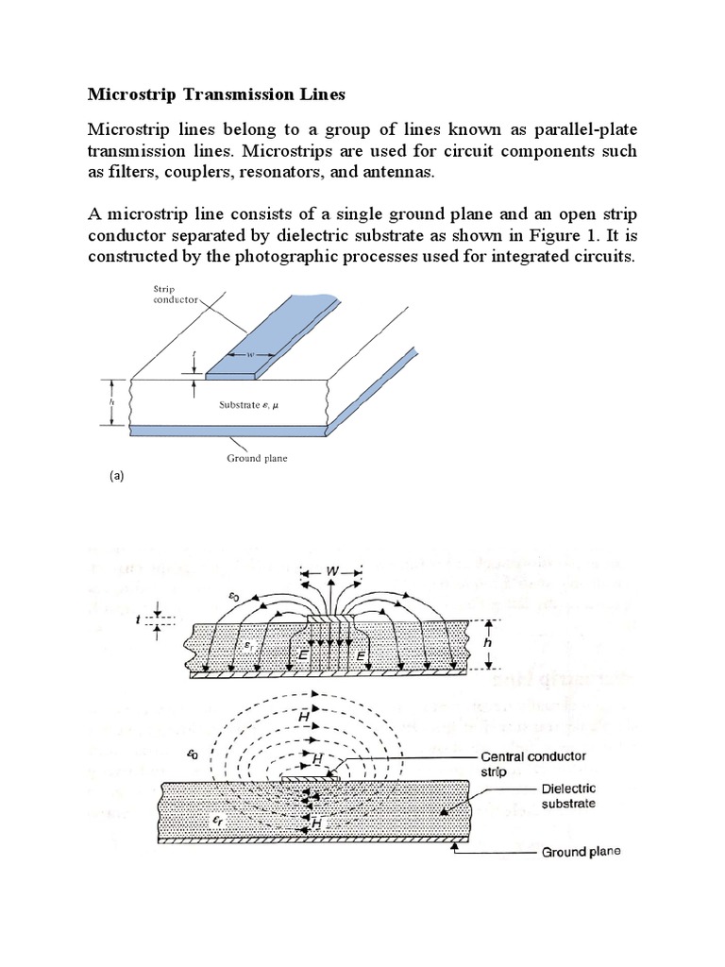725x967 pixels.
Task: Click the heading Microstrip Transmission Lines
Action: [217, 94]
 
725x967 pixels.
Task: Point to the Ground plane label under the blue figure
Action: [257, 458]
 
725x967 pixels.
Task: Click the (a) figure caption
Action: [117, 478]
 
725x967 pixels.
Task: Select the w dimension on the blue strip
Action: [249, 355]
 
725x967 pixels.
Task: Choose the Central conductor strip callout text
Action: [532, 763]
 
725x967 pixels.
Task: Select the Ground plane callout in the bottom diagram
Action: [582, 852]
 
